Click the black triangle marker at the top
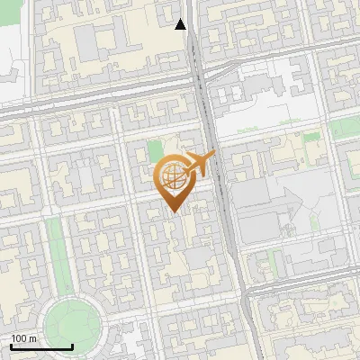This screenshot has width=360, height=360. tap(181, 24)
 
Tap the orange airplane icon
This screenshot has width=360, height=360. tap(199, 165)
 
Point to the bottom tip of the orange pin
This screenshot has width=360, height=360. tap(173, 212)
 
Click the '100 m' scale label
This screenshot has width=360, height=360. tap(24, 338)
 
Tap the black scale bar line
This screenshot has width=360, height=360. tap(41, 346)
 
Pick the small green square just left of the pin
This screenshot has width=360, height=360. tap(155, 150)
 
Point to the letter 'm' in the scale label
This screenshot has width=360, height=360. tap(32, 338)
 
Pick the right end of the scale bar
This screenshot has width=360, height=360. tap(72, 346)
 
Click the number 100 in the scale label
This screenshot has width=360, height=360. tap(20, 338)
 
